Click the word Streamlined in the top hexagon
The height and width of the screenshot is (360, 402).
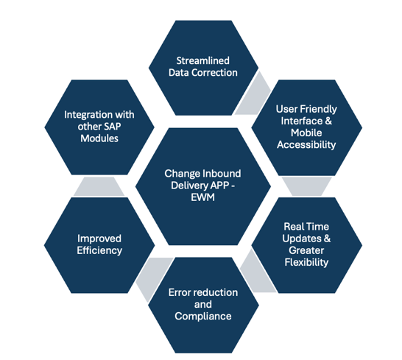202,61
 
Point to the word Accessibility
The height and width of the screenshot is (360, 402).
306,145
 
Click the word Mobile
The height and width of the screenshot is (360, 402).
306,133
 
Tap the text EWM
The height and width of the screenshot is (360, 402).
202,197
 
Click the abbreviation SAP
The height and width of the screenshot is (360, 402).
112,127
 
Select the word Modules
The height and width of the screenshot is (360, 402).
99,138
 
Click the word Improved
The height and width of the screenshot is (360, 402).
99,239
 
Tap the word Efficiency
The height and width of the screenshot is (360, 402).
99,250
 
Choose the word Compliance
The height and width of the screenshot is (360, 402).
203,316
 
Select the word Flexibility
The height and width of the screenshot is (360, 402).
306,262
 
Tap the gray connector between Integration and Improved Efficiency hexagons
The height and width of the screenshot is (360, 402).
99,187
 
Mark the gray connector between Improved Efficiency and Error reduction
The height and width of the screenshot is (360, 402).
153,278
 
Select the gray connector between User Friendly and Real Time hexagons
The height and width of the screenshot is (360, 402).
306,186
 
